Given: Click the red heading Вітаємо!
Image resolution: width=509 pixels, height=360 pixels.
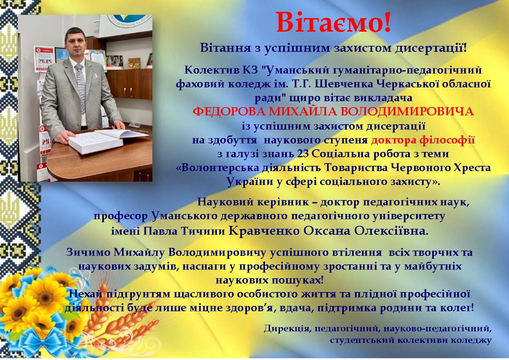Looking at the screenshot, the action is coord(333,22).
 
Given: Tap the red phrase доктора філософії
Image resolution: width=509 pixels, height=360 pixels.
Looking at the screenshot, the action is coord(423,140).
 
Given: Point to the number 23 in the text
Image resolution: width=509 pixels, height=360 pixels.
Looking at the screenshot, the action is coord(303,154).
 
